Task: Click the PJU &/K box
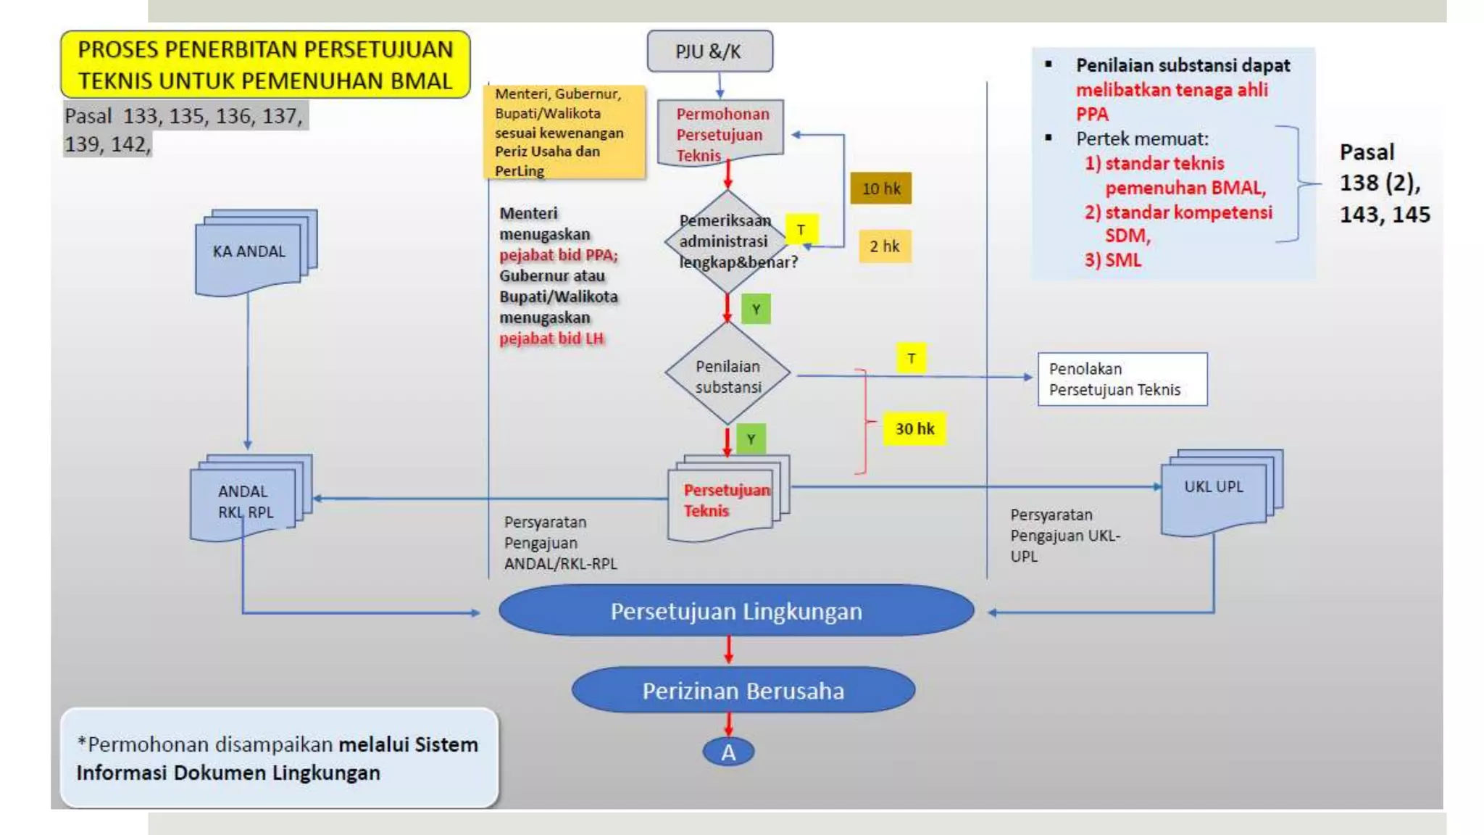[709, 51]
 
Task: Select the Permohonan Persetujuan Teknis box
[720, 133]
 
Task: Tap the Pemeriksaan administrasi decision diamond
[728, 242]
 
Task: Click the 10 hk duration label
[880, 188]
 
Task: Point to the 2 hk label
[884, 246]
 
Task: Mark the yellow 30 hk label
[914, 428]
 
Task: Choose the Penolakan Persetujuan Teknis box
[1122, 379]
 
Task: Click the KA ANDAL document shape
[249, 254]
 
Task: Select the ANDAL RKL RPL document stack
[246, 500]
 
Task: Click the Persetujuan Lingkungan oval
[735, 611]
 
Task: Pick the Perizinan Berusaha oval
[743, 690]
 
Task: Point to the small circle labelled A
[728, 752]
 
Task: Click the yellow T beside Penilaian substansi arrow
[911, 358]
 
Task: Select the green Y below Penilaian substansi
[751, 439]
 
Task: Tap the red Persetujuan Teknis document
[725, 500]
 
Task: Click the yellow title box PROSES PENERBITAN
[265, 65]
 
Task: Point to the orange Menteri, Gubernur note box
[564, 132]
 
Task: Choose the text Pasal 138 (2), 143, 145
[1383, 183]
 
